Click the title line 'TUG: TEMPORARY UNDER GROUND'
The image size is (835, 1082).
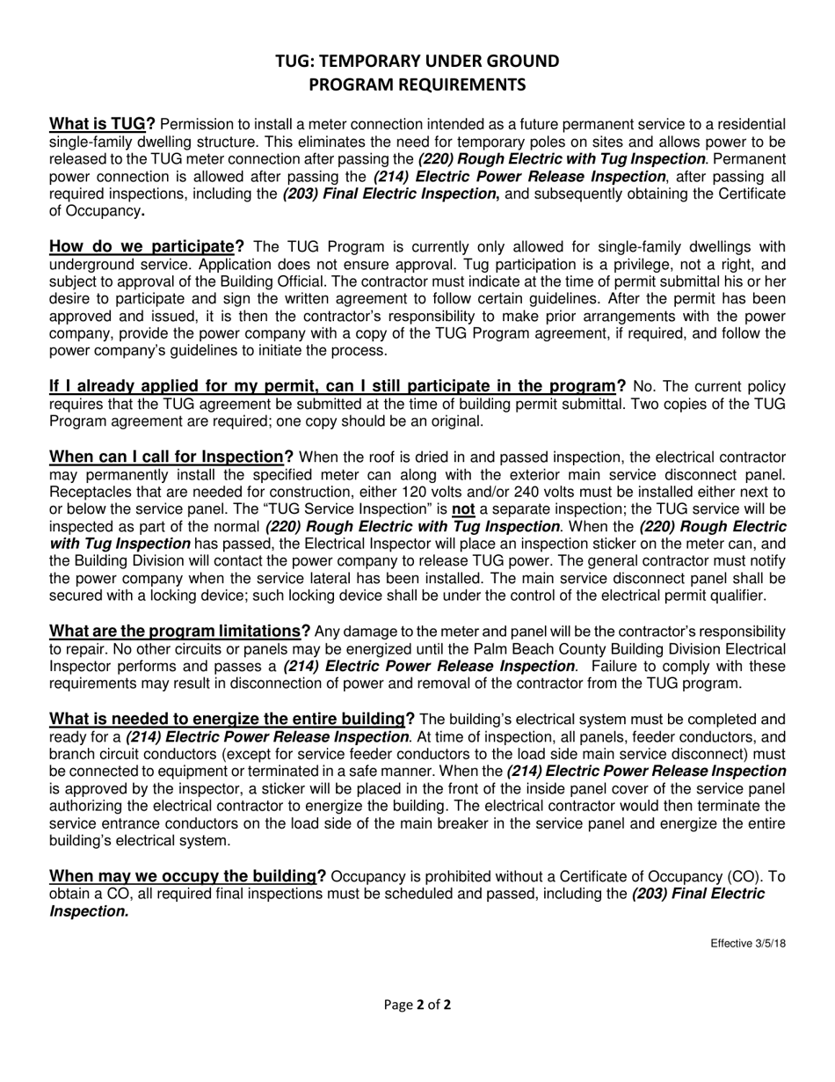pyautogui.click(x=417, y=61)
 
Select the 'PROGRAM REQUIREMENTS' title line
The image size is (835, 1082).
pyautogui.click(x=417, y=85)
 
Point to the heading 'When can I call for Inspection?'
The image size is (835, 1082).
pyautogui.click(x=171, y=457)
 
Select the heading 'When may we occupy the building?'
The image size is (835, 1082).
pyautogui.click(x=187, y=875)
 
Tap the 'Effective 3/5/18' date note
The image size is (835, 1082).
pyautogui.click(x=748, y=944)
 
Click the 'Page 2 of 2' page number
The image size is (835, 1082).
pyautogui.click(x=417, y=1004)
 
